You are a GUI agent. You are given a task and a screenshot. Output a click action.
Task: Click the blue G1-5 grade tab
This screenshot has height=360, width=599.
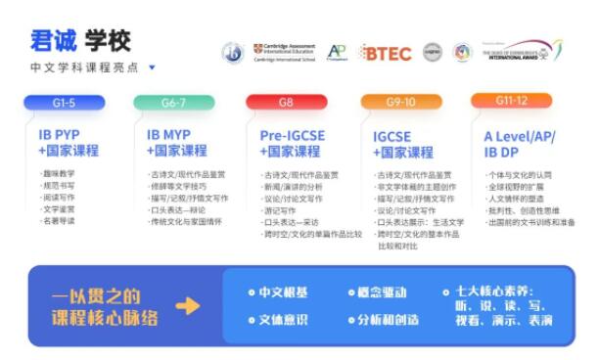(65, 103)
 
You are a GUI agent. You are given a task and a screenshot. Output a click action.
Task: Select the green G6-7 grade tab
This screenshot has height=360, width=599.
(173, 103)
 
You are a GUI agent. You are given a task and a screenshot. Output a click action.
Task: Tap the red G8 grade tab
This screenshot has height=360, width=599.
(286, 102)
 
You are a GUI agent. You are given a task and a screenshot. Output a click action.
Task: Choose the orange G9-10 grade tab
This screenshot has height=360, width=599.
(400, 102)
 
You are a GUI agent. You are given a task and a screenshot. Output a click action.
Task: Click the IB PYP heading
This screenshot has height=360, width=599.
(67, 134)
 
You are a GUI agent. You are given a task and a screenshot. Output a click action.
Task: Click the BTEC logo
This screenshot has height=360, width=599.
(386, 53)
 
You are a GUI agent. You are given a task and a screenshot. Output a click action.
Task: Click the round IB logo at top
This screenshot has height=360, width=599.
(232, 53)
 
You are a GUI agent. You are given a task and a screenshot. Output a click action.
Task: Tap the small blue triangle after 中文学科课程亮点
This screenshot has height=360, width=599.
(152, 68)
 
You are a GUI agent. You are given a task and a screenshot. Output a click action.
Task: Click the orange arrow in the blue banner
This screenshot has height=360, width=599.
(187, 305)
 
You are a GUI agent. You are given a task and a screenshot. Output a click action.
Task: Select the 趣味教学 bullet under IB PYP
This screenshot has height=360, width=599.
(60, 173)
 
